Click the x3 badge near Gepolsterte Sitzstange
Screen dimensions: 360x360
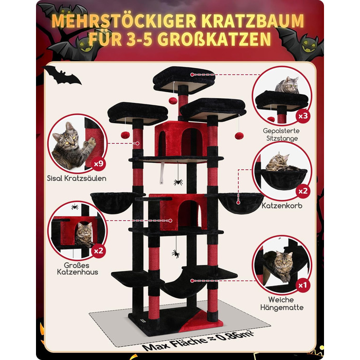(305, 116)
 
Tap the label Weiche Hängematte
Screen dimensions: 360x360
(281, 303)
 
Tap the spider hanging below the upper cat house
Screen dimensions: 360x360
(177, 182)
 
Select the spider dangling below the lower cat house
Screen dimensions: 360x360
(175, 254)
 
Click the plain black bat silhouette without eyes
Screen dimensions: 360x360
(62, 77)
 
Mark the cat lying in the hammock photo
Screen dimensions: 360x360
(282, 266)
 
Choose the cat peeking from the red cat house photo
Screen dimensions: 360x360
(83, 233)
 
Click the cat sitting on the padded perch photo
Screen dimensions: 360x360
(287, 85)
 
